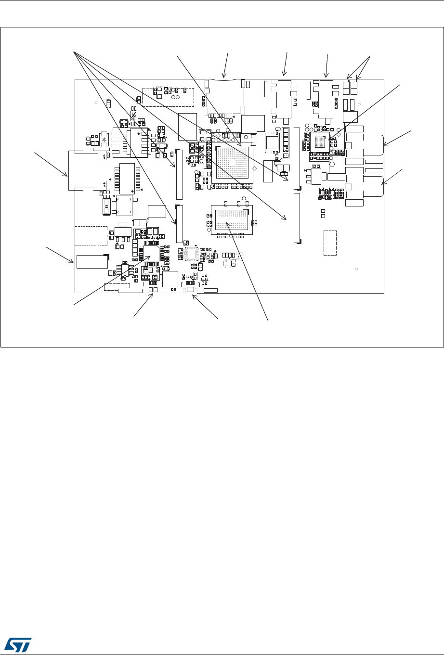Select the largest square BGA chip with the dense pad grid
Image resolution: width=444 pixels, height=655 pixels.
click(233, 164)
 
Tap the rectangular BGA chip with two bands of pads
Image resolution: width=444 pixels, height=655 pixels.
click(232, 220)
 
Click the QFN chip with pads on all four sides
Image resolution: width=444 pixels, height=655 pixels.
click(192, 253)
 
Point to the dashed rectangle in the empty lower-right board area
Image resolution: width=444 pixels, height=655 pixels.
click(330, 243)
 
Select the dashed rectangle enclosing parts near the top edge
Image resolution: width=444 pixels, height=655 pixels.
click(168, 97)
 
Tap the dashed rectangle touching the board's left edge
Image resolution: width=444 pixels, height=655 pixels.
click(91, 235)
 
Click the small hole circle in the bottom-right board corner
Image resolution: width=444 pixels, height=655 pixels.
click(356, 269)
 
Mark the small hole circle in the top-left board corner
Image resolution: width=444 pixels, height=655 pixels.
click(96, 103)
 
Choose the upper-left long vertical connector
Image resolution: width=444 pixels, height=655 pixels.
click(180, 174)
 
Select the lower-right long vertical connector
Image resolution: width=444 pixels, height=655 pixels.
click(297, 218)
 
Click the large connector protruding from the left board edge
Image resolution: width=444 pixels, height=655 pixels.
click(83, 170)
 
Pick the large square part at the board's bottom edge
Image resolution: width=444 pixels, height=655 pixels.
click(170, 279)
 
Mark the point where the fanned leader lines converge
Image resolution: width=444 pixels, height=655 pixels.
click(73, 51)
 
